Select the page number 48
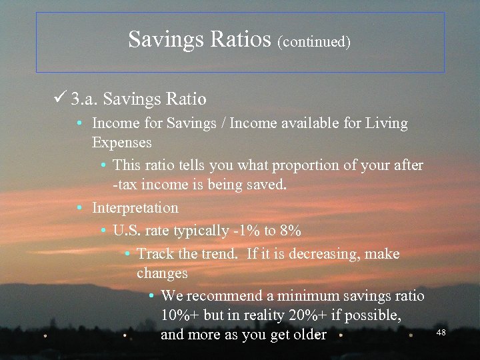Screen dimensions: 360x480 tap(441, 332)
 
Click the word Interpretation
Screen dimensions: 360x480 tap(135, 208)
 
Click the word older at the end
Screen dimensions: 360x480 tap(309, 335)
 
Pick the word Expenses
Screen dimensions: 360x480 tap(122, 143)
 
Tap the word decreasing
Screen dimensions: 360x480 tap(331, 254)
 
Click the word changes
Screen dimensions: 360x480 tap(162, 273)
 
